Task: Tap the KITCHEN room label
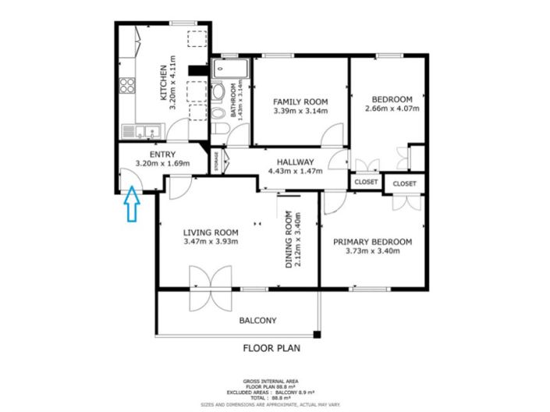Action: (164, 82)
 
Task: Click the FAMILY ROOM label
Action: (300, 102)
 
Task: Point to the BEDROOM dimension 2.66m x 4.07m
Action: (392, 108)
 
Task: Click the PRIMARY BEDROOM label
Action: (372, 242)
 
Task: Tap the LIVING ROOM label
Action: (211, 232)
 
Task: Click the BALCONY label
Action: (257, 320)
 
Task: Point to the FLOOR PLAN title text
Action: (271, 349)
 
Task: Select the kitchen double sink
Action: (146, 131)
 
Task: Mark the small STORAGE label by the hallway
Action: (216, 160)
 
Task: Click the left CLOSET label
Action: (365, 183)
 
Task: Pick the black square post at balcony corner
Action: (317, 335)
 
